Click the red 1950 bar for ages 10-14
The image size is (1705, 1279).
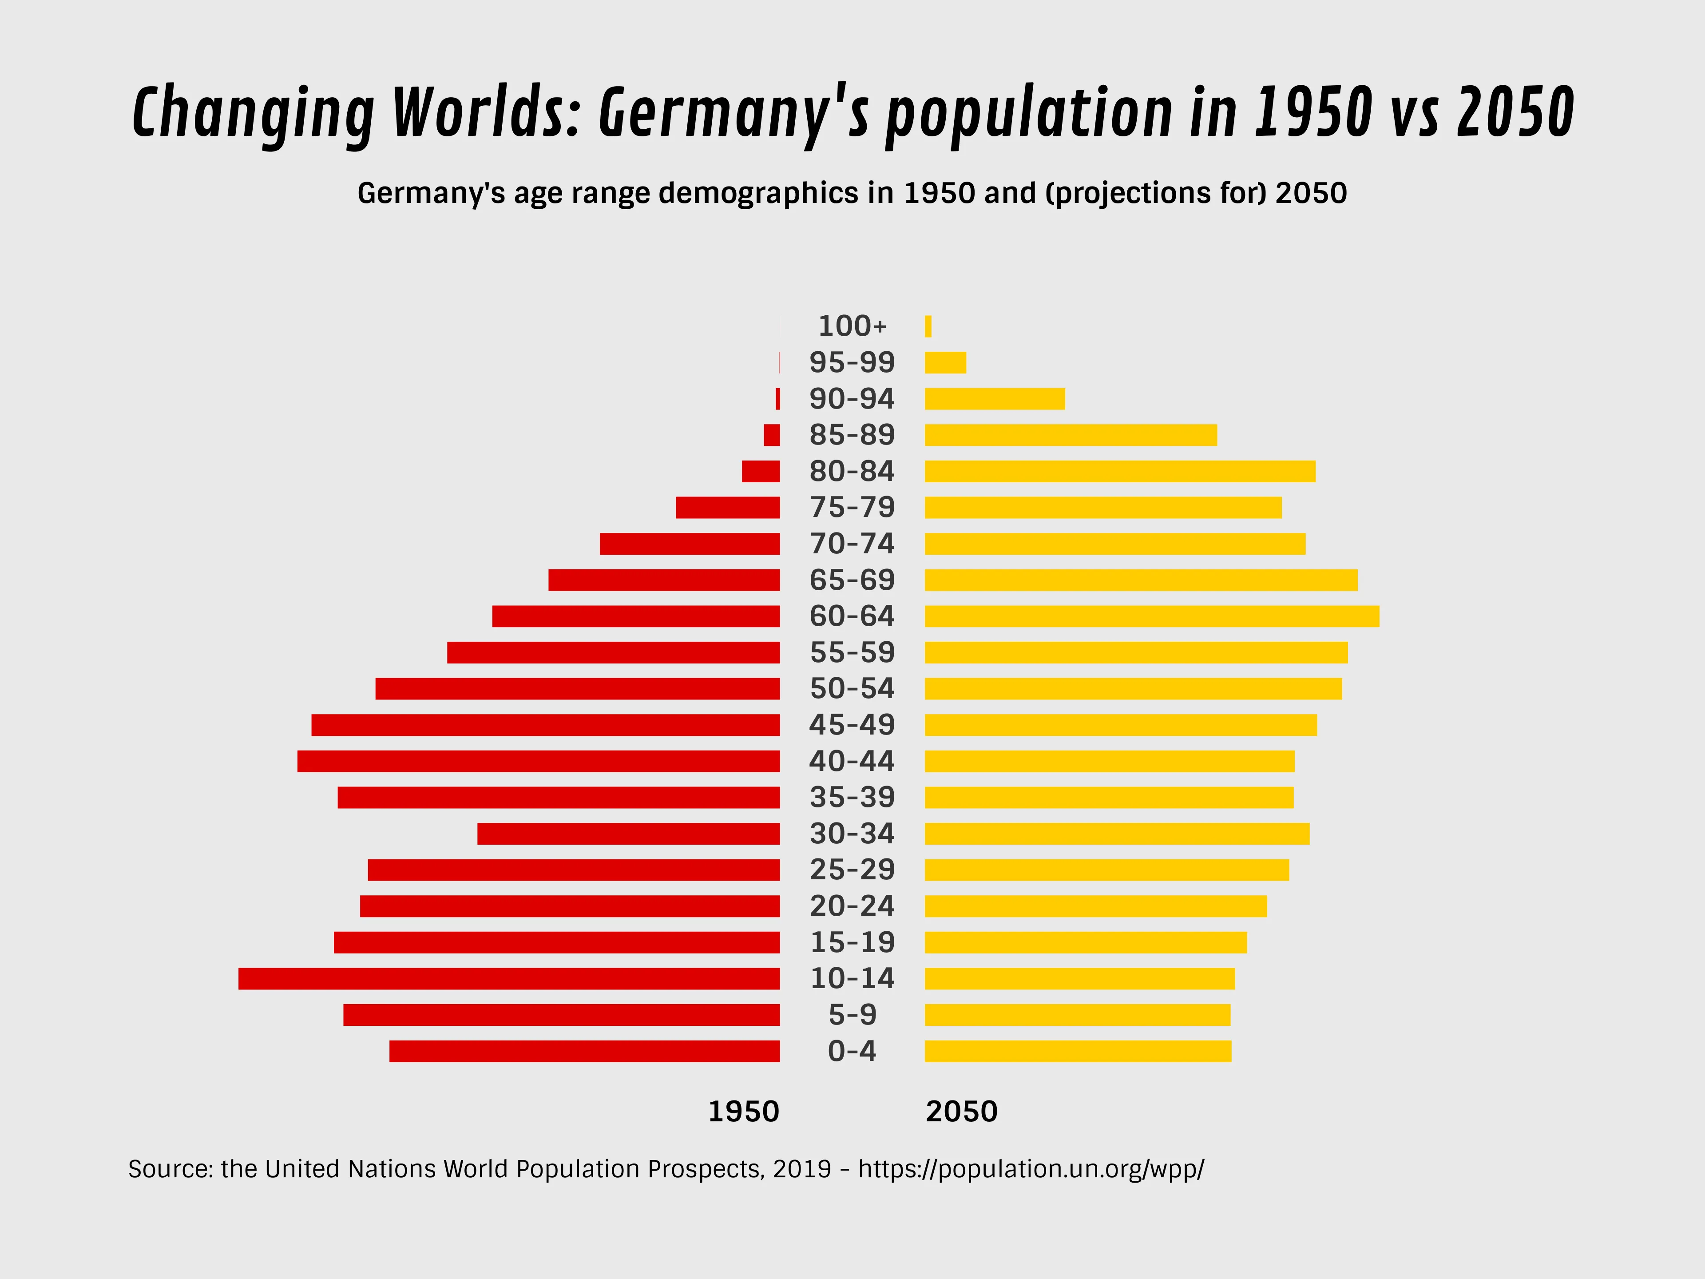click(x=509, y=978)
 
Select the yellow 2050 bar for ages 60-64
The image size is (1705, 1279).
click(x=1152, y=616)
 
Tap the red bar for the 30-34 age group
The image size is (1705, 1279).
click(x=628, y=834)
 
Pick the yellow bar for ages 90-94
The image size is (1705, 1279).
click(x=994, y=399)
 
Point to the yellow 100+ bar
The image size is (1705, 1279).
click(x=928, y=326)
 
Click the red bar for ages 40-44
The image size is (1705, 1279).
click(x=538, y=761)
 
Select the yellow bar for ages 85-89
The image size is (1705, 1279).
click(x=1071, y=435)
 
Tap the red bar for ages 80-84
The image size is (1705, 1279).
click(x=761, y=471)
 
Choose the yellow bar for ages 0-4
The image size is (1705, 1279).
click(x=1078, y=1051)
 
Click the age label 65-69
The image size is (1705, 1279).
click(x=852, y=580)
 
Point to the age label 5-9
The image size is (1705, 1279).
click(x=852, y=1015)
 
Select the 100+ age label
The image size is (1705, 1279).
click(x=852, y=326)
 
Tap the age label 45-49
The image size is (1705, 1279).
click(x=852, y=725)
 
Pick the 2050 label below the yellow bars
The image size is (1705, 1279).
click(x=961, y=1112)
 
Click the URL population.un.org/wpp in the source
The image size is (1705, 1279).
click(x=1031, y=1169)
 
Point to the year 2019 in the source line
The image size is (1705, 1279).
click(x=801, y=1169)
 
